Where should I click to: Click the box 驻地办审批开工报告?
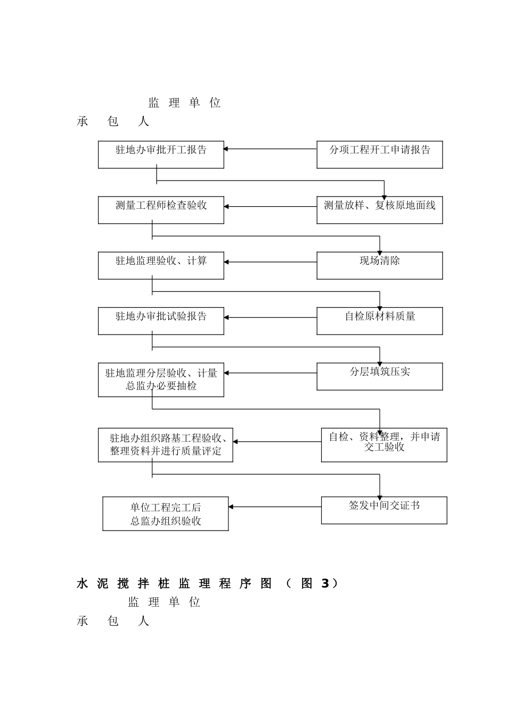161,154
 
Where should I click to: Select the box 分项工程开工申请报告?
379,154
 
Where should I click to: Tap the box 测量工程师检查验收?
161,210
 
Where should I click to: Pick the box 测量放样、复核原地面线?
379,210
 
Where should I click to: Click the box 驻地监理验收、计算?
161,265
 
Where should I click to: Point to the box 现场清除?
379,265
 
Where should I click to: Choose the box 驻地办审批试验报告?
161,321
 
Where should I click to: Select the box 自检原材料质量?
379,321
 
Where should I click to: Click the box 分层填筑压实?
379,376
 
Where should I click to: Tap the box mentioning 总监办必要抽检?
161,380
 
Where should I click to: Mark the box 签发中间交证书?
383,510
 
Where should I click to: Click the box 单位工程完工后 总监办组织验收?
165,514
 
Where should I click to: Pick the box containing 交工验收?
383,445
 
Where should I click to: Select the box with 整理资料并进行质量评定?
165,445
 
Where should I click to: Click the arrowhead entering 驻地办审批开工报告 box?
226,149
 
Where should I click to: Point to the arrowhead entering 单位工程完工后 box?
231,507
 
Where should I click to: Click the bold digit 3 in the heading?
324,584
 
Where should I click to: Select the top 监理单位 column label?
184,103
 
